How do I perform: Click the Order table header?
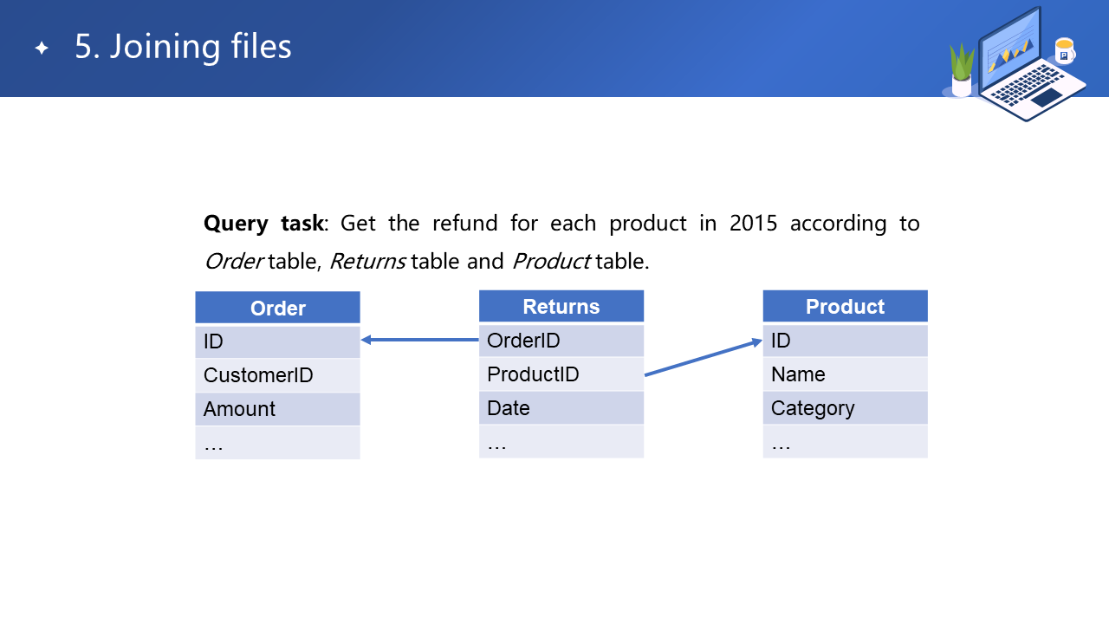point(277,308)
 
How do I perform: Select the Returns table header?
point(561,306)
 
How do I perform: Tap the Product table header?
point(845,306)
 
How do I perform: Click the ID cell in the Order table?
point(277,341)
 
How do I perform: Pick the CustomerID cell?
point(277,375)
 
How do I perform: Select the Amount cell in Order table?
point(277,408)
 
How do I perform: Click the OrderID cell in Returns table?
point(561,341)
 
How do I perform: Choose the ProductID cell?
point(561,374)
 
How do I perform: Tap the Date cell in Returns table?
point(561,407)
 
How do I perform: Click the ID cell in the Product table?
point(845,341)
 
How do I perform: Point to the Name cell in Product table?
point(845,374)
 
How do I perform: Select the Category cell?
point(845,407)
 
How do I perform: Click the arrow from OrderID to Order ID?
point(420,340)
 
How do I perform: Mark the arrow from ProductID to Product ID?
point(703,357)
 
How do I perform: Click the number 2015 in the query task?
point(753,224)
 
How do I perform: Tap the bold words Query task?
point(264,224)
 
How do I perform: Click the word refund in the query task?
point(465,223)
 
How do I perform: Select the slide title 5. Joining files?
point(183,47)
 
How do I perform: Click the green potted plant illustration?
point(962,70)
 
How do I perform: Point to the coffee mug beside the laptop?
point(1065,51)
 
